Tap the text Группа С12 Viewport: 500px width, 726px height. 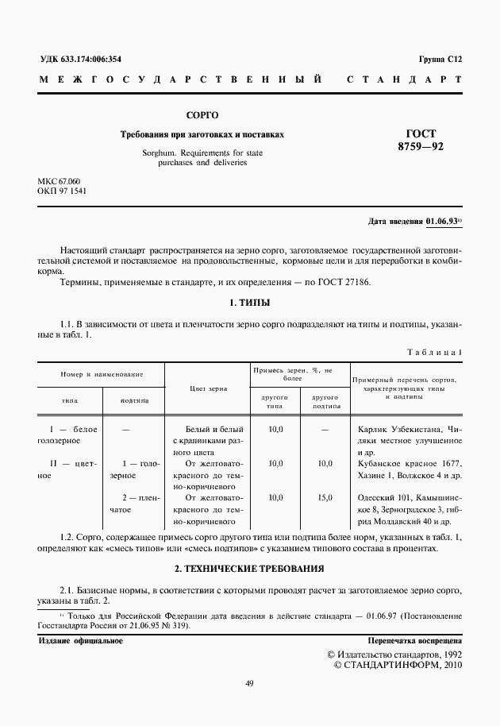pos(439,60)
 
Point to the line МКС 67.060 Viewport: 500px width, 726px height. pos(60,181)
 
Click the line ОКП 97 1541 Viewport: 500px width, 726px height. pos(62,191)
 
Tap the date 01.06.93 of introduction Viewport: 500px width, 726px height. pos(442,221)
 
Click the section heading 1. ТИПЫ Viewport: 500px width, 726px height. pos(249,303)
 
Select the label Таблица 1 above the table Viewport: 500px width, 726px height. pos(435,352)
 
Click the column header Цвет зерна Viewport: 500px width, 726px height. pos(208,388)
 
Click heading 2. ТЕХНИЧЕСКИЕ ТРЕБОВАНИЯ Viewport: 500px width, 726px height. pos(249,569)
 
